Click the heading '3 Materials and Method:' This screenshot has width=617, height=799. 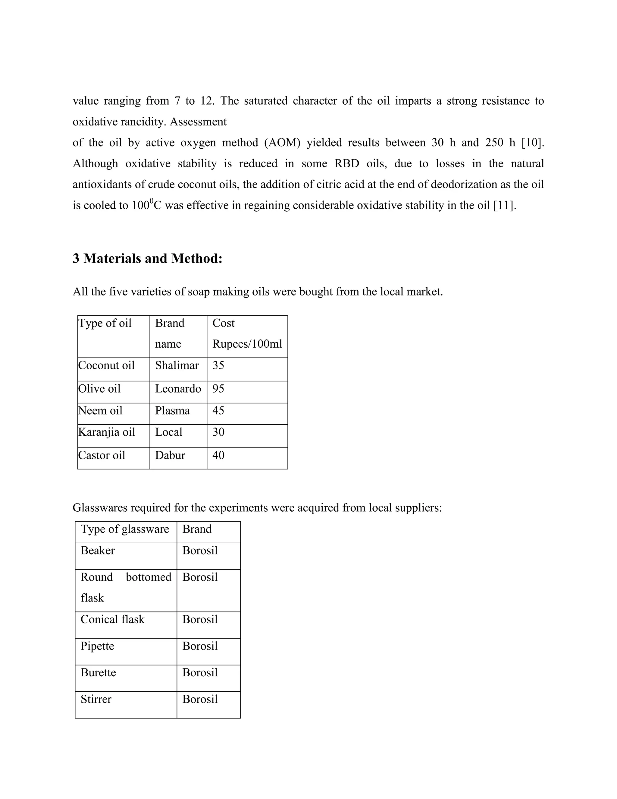click(147, 259)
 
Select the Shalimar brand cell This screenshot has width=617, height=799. click(177, 365)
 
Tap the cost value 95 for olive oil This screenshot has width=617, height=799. click(218, 389)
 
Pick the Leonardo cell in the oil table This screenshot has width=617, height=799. click(178, 389)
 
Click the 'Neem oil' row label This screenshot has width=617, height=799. click(101, 410)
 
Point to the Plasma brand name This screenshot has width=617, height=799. click(173, 410)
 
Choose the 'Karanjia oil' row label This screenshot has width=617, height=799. click(107, 432)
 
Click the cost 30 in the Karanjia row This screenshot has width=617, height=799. click(218, 432)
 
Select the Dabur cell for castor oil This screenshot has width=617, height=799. click(170, 455)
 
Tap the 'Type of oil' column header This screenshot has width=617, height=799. click(105, 323)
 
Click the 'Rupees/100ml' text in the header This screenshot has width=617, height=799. click(247, 344)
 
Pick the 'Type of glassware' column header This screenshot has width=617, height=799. click(125, 529)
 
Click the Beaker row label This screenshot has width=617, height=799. click(98, 551)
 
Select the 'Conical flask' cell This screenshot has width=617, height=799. click(113, 619)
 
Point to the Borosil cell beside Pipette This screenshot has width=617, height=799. click(200, 646)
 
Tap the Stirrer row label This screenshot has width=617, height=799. click(96, 699)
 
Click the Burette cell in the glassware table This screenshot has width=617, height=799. click(98, 672)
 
